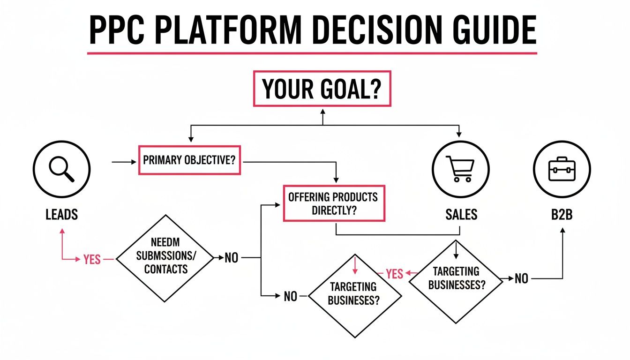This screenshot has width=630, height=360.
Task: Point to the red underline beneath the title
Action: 312,53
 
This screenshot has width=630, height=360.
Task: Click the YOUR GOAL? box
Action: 322,89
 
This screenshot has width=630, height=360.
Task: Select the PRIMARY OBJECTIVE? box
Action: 189,160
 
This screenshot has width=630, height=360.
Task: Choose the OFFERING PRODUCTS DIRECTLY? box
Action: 334,203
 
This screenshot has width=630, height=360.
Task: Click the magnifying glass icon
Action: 62,168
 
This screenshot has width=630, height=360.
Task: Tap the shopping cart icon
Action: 460,168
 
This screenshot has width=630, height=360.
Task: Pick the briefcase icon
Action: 562,168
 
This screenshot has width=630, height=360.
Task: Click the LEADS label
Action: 62,215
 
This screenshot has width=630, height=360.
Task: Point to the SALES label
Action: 461,215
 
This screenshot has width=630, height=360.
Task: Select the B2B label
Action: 562,215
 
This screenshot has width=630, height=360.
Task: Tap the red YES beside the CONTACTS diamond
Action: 92,259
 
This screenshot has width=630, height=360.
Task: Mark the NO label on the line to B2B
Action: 521,279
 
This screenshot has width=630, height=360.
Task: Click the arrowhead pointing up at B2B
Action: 562,231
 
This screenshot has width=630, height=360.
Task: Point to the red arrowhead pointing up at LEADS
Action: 62,231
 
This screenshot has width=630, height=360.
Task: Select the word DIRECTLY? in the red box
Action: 334,210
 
